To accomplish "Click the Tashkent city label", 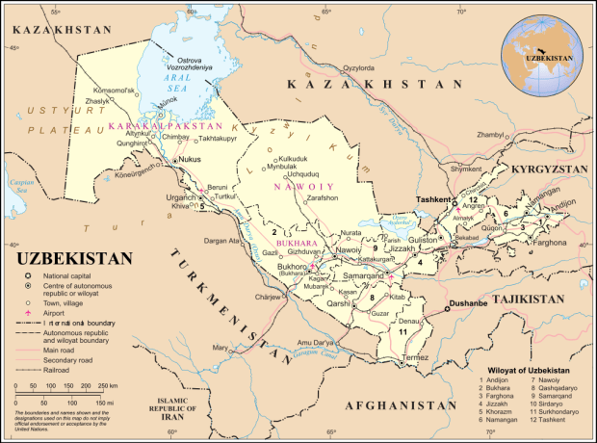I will tap(432, 199).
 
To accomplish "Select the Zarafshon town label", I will tap(323, 197).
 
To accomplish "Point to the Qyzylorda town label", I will tap(357, 68).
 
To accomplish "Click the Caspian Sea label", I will tap(15, 182).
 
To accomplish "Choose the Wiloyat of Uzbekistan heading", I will tap(531, 370).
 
